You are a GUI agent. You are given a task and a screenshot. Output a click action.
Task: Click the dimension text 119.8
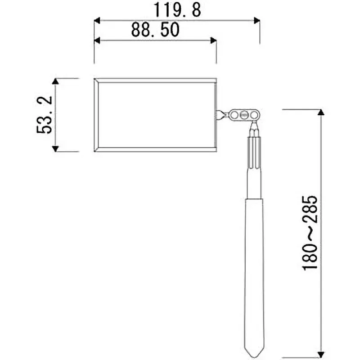pos(177,10)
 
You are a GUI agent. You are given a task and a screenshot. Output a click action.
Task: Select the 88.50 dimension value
pos(155,30)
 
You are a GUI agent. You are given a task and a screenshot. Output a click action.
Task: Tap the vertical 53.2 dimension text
pos(45,115)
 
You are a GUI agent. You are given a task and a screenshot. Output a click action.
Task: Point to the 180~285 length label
pos(310,233)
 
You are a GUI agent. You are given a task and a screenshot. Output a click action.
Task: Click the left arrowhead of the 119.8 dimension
pos(97,20)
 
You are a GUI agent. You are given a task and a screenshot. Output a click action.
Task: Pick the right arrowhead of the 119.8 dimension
pos(256,20)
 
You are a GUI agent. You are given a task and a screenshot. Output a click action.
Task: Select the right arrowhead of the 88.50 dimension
pos(213,40)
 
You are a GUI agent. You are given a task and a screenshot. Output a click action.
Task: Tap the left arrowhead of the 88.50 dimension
pos(97,40)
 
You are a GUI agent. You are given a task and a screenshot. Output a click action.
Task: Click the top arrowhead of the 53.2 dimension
pos(55,81)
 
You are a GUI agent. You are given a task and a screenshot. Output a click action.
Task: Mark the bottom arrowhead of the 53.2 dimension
pos(55,148)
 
